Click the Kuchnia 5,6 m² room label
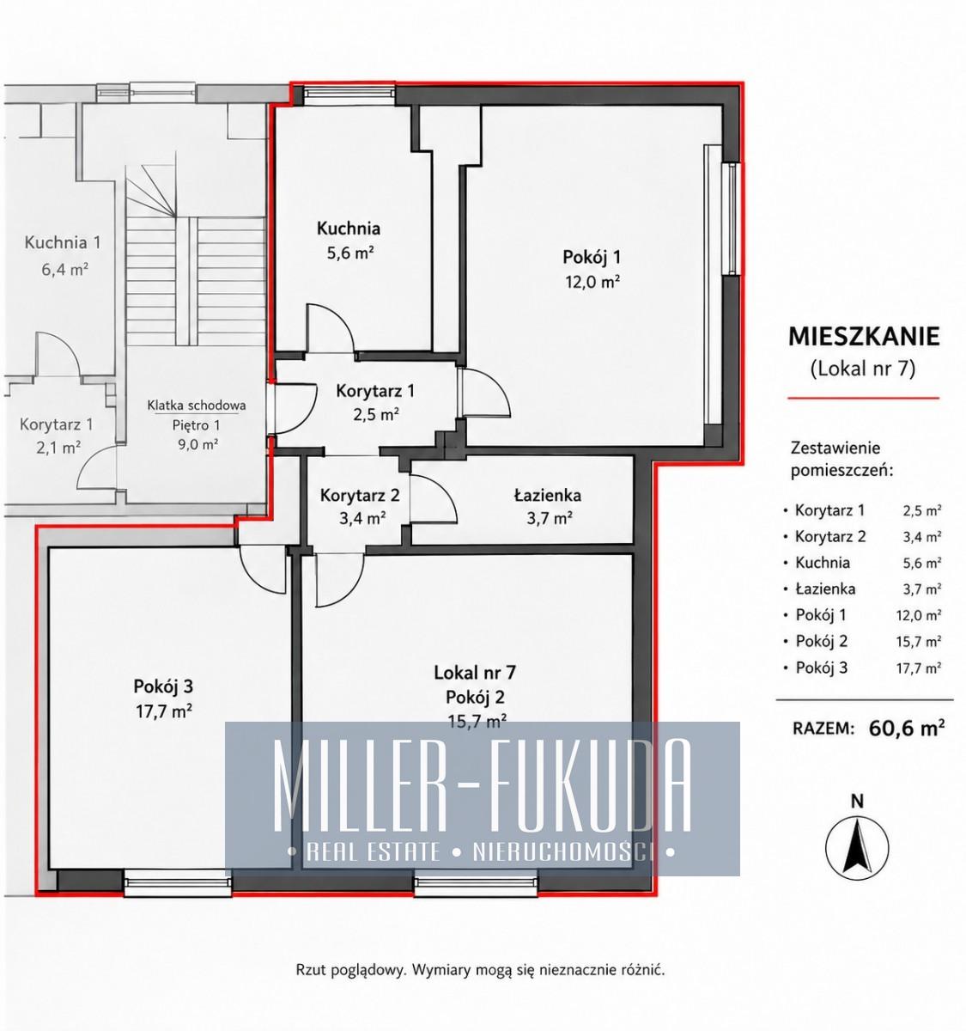point(348,241)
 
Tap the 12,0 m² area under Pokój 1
point(592,282)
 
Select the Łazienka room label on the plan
point(547,495)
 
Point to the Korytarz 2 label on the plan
point(359,495)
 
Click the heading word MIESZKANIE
point(863,337)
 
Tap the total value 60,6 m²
point(906,728)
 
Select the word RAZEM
point(823,729)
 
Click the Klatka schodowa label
point(197,405)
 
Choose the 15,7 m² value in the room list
point(918,641)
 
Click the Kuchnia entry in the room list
point(823,562)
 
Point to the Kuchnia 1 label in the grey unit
point(63,242)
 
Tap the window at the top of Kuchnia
point(348,94)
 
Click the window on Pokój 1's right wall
point(732,218)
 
